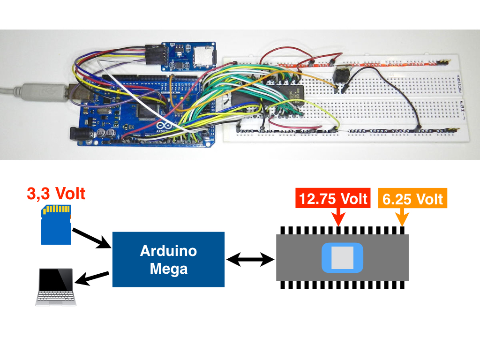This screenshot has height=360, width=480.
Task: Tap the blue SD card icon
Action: [x=56, y=225]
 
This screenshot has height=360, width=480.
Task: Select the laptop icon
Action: [x=56, y=287]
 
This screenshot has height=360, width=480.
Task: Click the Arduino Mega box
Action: [x=168, y=259]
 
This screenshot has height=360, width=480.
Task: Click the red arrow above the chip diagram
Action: [x=338, y=217]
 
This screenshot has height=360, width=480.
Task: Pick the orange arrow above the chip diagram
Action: [x=401, y=217]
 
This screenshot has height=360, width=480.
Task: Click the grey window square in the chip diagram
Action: [x=342, y=258]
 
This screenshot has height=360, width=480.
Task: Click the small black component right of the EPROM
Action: [x=340, y=75]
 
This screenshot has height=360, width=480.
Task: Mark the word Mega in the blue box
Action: [x=168, y=269]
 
